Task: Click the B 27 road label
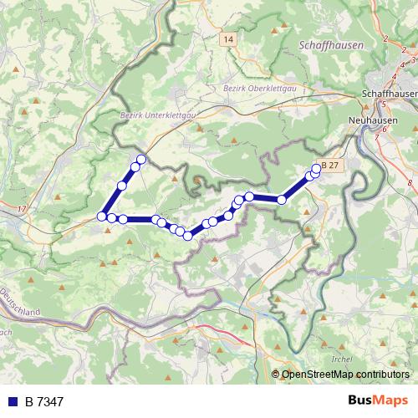tap(331, 166)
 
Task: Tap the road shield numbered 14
tap(230, 39)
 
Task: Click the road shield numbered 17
tap(21, 207)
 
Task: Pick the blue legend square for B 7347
tap(13, 402)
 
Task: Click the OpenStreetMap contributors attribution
tap(346, 375)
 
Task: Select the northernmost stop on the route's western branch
tap(141, 160)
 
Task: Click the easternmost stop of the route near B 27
tap(316, 169)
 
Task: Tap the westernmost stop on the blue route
tap(102, 216)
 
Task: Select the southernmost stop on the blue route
tap(188, 236)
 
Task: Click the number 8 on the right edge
tap(410, 181)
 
